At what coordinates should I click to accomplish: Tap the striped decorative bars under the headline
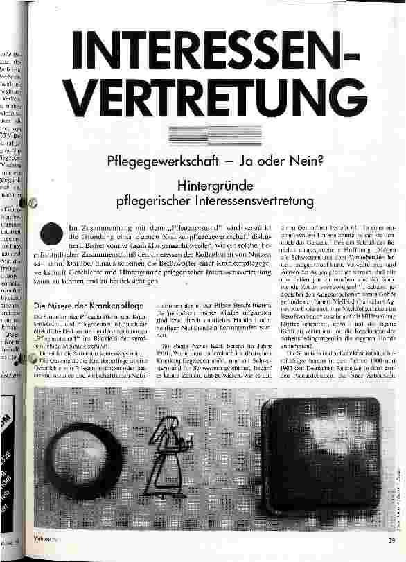[207, 137]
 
